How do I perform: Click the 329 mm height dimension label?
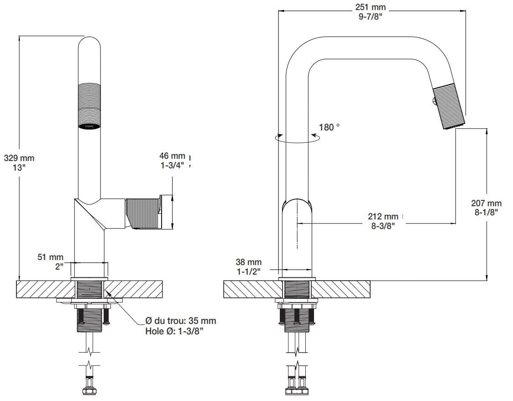[x=19, y=158]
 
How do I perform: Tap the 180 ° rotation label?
[x=329, y=127]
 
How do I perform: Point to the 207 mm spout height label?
[x=487, y=203]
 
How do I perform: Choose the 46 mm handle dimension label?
[x=173, y=156]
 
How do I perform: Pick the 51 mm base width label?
[x=50, y=258]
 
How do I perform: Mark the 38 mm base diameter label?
[x=249, y=262]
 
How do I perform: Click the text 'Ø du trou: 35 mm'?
[x=180, y=321]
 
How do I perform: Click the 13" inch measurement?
[x=19, y=167]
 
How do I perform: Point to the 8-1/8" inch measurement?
[x=487, y=212]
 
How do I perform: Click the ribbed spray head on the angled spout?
[x=449, y=108]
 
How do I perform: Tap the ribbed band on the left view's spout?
[x=89, y=103]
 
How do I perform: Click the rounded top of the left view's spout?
[x=89, y=43]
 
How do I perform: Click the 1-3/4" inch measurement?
[x=173, y=166]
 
